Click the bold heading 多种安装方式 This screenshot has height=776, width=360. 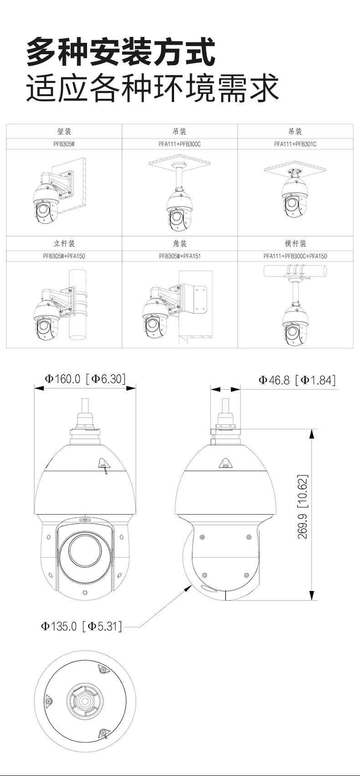click(x=121, y=53)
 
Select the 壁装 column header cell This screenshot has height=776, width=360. click(x=64, y=132)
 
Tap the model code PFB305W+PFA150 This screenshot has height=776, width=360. click(x=64, y=257)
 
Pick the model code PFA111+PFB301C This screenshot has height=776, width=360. click(x=295, y=144)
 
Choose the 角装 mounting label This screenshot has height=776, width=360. click(x=180, y=243)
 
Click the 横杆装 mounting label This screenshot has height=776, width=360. click(x=295, y=243)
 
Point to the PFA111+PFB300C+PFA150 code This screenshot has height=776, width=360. click(x=295, y=257)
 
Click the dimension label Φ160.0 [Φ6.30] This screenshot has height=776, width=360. click(x=85, y=379)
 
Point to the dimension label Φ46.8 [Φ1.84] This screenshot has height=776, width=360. click(x=297, y=380)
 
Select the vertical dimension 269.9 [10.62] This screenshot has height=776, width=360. click(x=303, y=507)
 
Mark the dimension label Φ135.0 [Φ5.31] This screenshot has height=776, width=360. click(x=82, y=626)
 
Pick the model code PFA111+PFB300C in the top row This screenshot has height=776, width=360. click(x=180, y=144)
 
